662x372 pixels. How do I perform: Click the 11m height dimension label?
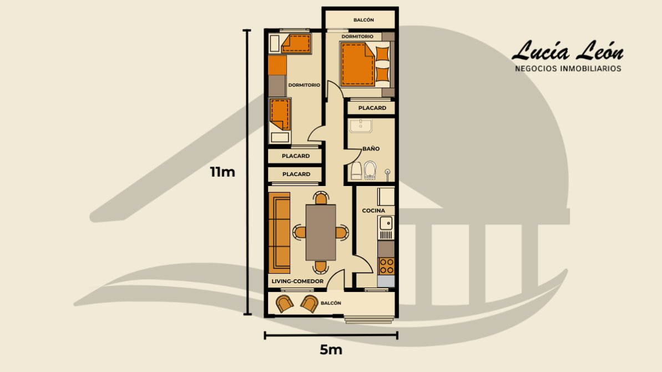coord(223,172)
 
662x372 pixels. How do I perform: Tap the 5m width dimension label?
coord(331,350)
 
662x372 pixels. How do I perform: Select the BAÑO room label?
coord(371,149)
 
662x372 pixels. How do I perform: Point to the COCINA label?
coord(373,210)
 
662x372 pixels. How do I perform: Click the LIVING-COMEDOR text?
coord(297,281)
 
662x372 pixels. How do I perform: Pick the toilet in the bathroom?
coord(370,170)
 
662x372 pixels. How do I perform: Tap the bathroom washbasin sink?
coord(361,126)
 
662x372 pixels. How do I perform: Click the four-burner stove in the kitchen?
coord(386,266)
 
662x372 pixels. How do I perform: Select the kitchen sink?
coord(386,223)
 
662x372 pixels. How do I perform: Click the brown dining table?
coord(321,232)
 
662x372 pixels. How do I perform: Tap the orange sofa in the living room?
coord(280,233)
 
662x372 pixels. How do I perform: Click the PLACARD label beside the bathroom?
coord(372,108)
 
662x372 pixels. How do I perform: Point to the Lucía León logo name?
coord(568,51)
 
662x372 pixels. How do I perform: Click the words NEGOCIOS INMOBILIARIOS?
coord(568,68)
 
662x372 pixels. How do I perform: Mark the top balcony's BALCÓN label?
coord(363,20)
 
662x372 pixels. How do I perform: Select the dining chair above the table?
coord(321,198)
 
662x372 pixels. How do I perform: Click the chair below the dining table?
coord(321,267)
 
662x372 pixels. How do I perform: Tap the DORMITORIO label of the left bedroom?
coord(304,85)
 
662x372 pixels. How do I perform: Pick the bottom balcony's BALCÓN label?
coord(331,303)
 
